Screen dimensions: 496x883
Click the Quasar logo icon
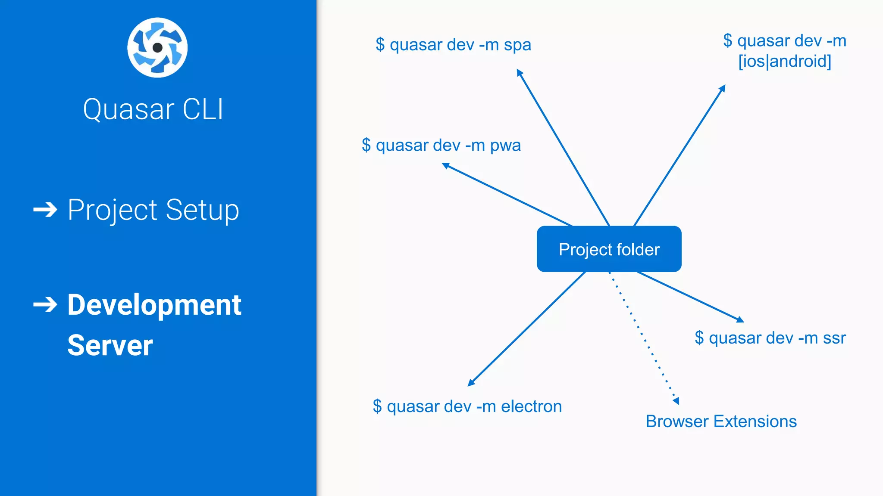[x=157, y=48]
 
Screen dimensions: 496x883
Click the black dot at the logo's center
[x=158, y=48]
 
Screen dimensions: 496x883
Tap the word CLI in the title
[x=203, y=109]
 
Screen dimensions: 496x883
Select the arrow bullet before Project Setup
[x=45, y=210]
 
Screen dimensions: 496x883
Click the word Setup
[x=202, y=210]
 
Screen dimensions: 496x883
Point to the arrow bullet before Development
[x=45, y=305]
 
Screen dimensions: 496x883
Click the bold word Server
[x=110, y=345]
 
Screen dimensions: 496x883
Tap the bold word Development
[x=154, y=305]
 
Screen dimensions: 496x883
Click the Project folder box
[x=609, y=249]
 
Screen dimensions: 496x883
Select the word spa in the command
[x=517, y=45]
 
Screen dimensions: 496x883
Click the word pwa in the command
[x=505, y=146]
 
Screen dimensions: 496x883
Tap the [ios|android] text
[x=785, y=61]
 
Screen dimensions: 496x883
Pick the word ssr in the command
[x=834, y=338]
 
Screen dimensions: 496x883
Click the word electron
[x=531, y=406]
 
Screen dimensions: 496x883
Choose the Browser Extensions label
[x=721, y=422]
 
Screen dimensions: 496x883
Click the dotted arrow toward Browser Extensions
[x=642, y=336]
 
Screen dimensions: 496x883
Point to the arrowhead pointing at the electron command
[x=471, y=383]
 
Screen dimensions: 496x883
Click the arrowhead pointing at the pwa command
[x=446, y=165]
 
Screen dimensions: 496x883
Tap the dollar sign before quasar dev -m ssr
[x=699, y=338]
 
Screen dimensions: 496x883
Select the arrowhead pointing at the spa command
[x=520, y=72]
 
